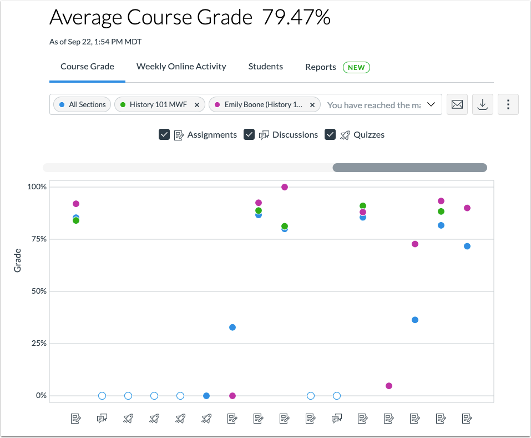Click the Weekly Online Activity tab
click(181, 67)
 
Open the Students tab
click(265, 67)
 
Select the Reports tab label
click(320, 67)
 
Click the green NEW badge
click(356, 67)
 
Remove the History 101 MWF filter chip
click(196, 105)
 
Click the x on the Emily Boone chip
click(312, 105)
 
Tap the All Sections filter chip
click(82, 104)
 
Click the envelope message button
click(457, 104)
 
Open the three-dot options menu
click(508, 104)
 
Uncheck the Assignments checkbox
click(164, 134)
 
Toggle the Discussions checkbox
click(249, 134)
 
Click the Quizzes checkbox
click(330, 134)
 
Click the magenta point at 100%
click(285, 187)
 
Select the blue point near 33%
click(232, 328)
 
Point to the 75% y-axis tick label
click(37, 239)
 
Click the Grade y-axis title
click(18, 260)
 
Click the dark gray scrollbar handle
click(409, 168)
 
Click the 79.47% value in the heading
click(296, 18)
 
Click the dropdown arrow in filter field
click(431, 105)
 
